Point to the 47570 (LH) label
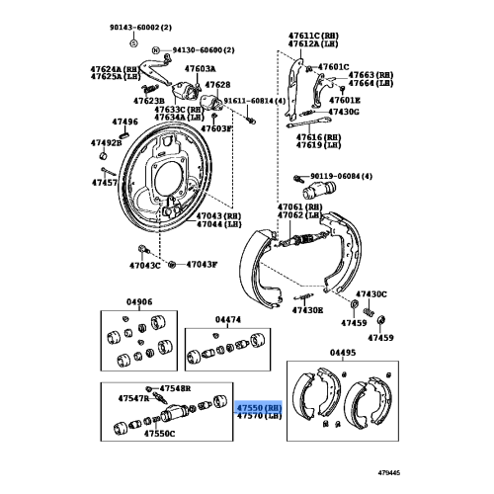[x=260, y=416]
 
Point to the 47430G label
[x=345, y=112]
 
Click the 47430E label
[x=307, y=309]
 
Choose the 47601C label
[x=333, y=67]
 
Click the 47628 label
[x=217, y=85]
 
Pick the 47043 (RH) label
[x=217, y=215]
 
